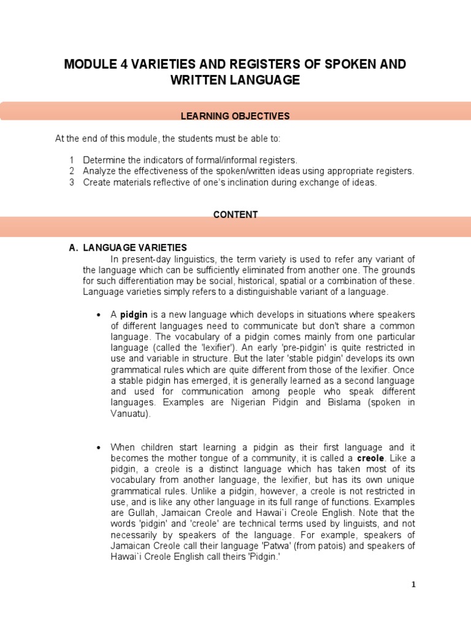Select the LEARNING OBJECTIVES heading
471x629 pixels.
click(235, 115)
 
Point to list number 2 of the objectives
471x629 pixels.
click(72, 171)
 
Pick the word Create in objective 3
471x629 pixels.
click(96, 182)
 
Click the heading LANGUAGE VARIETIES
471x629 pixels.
click(135, 248)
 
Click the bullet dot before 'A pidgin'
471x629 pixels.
click(99, 315)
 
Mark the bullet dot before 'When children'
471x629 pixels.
click(99, 447)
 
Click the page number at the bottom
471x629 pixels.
click(413, 584)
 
